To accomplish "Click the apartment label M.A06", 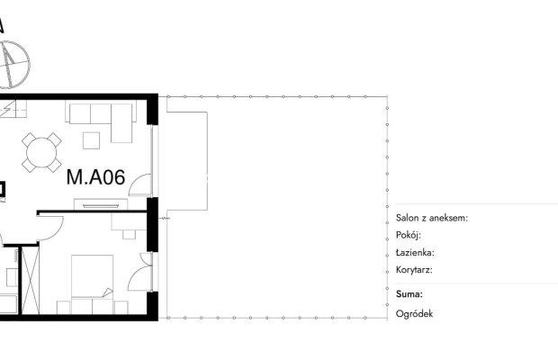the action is pyautogui.click(x=95, y=177).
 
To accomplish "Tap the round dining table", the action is pyautogui.click(x=41, y=153).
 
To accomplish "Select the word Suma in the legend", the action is pyautogui.click(x=409, y=294).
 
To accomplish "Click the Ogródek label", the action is pyautogui.click(x=414, y=314).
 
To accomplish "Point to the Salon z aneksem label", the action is pyautogui.click(x=432, y=218).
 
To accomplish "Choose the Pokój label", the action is pyautogui.click(x=409, y=235).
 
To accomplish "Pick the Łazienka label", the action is pyautogui.click(x=415, y=253).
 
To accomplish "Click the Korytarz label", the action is pyautogui.click(x=414, y=270).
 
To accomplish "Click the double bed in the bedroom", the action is pyautogui.click(x=92, y=284).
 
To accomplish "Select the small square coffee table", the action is pyautogui.click(x=92, y=140).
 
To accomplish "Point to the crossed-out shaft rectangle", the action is pyautogui.click(x=31, y=280).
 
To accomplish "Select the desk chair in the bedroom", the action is pyautogui.click(x=130, y=234).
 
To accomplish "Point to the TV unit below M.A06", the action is pyautogui.click(x=101, y=204).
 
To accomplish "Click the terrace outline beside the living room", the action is pyautogui.click(x=208, y=161).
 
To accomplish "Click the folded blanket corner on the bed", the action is pyautogui.click(x=108, y=292).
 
